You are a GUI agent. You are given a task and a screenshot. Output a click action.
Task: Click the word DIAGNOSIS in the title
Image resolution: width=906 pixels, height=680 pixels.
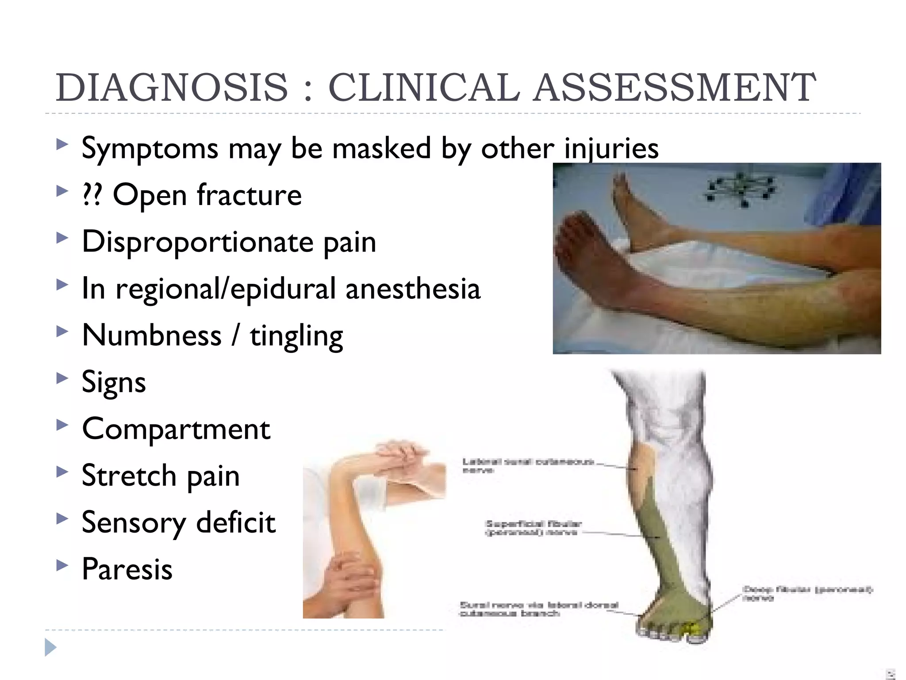[x=172, y=87]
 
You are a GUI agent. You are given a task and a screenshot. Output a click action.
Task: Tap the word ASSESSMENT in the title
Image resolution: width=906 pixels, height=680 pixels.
[x=674, y=87]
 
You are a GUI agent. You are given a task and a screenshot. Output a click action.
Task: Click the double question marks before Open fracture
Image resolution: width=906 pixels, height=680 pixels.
[x=92, y=195]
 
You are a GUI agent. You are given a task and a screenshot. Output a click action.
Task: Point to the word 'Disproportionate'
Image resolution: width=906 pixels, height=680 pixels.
[x=197, y=242]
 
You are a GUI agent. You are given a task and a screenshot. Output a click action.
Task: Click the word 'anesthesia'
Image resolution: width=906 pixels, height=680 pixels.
[x=413, y=289]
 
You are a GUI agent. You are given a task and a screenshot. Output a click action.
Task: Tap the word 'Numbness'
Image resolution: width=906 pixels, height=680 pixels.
[x=152, y=336]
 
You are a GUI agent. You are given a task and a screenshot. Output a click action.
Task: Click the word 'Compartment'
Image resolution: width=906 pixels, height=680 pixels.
[x=176, y=429]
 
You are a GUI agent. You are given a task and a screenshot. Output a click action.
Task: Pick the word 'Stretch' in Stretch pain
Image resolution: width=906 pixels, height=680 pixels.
[x=129, y=476]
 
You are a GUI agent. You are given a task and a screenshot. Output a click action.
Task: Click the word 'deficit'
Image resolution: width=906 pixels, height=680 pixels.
[x=236, y=522]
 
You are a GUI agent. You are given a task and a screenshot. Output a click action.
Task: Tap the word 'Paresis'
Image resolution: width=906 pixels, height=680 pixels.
[x=127, y=569]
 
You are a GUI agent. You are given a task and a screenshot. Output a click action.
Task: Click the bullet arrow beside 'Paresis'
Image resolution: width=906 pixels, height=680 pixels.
[x=62, y=565]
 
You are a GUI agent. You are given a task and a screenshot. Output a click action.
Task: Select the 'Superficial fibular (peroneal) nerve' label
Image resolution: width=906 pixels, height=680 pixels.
[x=533, y=528]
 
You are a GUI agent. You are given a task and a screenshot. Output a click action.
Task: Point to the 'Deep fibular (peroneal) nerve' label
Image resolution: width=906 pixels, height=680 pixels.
[x=807, y=594]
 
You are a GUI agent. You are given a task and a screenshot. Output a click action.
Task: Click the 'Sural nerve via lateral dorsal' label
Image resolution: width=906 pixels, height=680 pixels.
[x=539, y=609]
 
